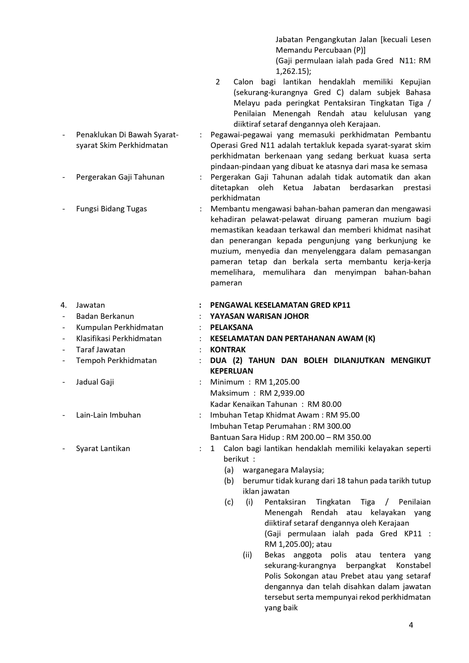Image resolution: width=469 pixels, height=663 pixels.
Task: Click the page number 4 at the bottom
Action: (411, 625)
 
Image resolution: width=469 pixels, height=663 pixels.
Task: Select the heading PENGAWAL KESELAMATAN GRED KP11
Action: (280, 305)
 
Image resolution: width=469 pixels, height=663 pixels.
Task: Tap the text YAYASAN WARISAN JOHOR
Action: (259, 316)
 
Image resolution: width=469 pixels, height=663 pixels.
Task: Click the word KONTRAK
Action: (228, 349)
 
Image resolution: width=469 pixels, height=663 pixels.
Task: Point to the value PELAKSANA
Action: (231, 327)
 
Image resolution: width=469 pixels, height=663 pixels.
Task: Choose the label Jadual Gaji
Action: (95, 382)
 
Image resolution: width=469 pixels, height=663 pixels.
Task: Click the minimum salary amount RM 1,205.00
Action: (277, 382)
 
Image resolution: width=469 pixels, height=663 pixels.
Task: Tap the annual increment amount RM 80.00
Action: (324, 404)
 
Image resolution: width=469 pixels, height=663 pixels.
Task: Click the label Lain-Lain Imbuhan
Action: (108, 415)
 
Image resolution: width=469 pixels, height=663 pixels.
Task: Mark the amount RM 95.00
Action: (343, 415)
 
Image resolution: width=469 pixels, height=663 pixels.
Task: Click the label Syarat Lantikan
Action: (103, 448)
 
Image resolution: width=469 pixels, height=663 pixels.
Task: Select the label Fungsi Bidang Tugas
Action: (111, 209)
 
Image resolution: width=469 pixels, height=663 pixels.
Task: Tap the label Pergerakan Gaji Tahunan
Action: (120, 177)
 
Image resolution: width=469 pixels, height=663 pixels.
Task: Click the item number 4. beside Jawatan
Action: (64, 305)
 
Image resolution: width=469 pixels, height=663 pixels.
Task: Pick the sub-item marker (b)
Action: (229, 481)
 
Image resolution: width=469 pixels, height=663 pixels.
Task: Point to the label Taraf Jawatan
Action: (101, 349)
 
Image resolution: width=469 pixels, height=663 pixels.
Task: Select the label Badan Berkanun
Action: (105, 316)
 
